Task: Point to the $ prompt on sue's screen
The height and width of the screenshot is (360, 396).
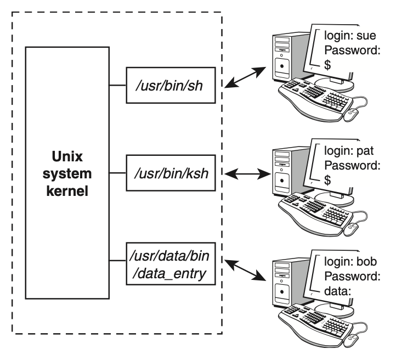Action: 327,64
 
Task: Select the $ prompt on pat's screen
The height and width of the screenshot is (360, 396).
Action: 327,179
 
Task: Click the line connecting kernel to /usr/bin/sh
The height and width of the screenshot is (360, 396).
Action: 117,85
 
